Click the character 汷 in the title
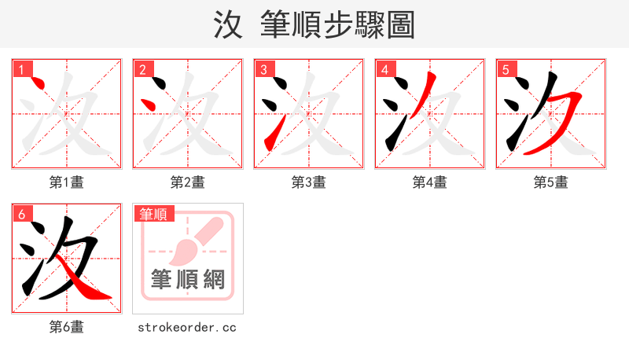tap(229, 25)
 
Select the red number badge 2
tap(142, 69)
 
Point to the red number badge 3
tap(263, 69)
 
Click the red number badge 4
tap(384, 69)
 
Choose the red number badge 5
tap(506, 69)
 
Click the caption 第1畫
tap(67, 182)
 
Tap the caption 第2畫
tap(188, 182)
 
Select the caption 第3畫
tap(309, 182)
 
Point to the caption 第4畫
tap(430, 182)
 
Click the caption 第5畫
tap(550, 182)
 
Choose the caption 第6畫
tap(67, 327)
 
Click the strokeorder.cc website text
tap(187, 327)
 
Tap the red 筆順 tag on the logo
tap(153, 214)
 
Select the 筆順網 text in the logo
tap(188, 278)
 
